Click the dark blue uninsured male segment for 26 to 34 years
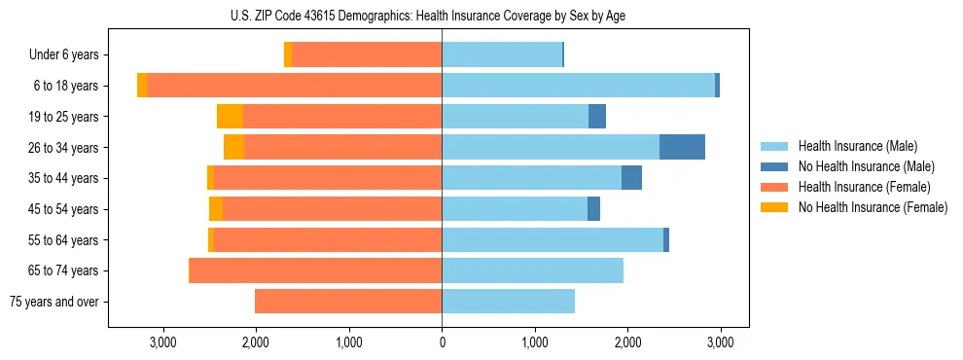tap(682, 147)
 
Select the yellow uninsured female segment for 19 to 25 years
tap(230, 117)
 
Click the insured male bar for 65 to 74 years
tap(532, 270)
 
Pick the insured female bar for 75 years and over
tap(348, 301)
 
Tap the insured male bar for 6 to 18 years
tap(578, 86)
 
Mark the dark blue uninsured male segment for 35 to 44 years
tap(631, 178)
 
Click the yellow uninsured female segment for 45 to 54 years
tap(216, 209)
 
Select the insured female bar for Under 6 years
tap(367, 55)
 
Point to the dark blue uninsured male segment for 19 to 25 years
tap(597, 117)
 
